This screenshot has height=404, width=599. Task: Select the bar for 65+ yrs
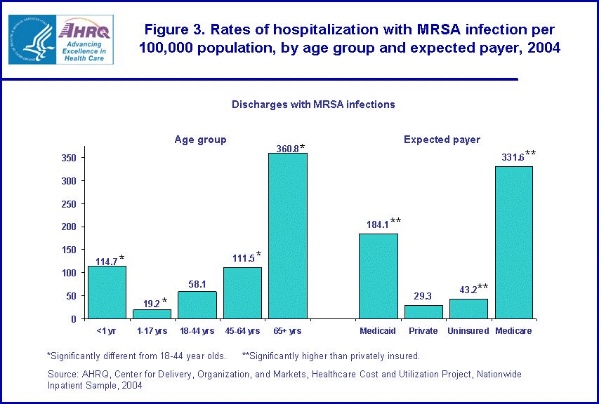tap(288, 236)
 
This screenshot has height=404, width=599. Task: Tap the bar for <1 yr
tap(107, 292)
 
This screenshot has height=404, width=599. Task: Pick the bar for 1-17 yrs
tap(152, 314)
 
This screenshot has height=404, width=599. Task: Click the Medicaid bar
tap(378, 276)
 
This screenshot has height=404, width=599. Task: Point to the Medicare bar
tap(513, 242)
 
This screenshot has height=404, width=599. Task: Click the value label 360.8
tap(284, 148)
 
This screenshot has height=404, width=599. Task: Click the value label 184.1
tap(376, 225)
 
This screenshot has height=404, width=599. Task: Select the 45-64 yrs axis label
tap(242, 330)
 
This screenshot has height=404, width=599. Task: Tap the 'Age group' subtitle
tap(200, 140)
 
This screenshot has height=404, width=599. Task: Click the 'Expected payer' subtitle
tap(442, 140)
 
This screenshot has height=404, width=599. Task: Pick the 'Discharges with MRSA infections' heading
tap(313, 105)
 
